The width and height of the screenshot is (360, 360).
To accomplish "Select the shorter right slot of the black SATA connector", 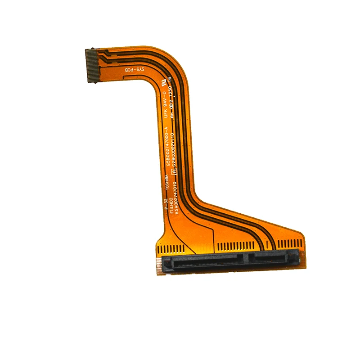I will pos(270,258).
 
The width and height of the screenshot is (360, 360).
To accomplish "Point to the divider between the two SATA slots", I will pos(246,259).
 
